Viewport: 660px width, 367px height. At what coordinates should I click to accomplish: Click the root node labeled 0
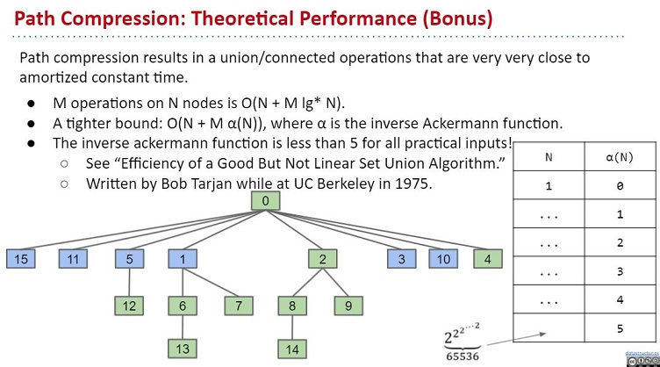click(x=265, y=201)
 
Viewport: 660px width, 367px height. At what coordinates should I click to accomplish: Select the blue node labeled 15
click(x=21, y=259)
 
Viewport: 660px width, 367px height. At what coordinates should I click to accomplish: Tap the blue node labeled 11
click(x=73, y=259)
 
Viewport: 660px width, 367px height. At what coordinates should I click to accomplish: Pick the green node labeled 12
click(x=129, y=306)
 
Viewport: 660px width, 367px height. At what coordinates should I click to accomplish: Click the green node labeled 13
click(x=183, y=349)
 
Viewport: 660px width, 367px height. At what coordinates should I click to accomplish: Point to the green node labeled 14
click(x=292, y=349)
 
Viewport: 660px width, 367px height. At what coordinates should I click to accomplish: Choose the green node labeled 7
click(x=239, y=306)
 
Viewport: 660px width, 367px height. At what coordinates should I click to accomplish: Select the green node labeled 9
click(x=348, y=306)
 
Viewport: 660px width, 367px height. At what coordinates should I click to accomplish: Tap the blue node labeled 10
click(x=443, y=259)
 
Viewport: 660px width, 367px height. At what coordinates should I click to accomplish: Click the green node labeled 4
click(x=488, y=259)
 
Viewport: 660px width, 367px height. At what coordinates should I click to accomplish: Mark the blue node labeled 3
click(x=402, y=259)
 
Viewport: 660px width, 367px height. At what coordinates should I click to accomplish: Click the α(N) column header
click(x=620, y=157)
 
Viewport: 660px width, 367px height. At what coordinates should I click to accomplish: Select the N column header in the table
click(x=549, y=157)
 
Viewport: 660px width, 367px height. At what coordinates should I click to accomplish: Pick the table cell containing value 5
click(x=620, y=327)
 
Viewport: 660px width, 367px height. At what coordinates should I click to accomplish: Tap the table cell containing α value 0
click(x=620, y=185)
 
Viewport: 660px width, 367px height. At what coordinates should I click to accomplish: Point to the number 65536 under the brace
click(x=463, y=356)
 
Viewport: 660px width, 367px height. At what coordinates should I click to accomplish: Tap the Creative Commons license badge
click(x=642, y=361)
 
